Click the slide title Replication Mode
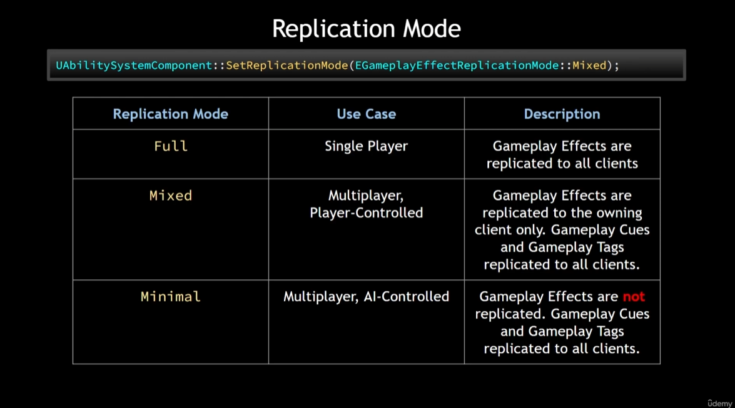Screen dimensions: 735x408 tap(367, 29)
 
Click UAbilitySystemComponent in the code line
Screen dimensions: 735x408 tap(134, 65)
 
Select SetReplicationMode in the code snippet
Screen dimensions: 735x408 tap(286, 65)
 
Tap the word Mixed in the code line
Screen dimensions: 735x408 tap(589, 65)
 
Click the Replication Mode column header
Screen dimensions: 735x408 tap(170, 114)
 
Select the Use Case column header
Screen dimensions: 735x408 tap(366, 114)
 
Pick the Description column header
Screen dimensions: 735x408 tap(562, 114)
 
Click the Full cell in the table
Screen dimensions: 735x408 tap(171, 146)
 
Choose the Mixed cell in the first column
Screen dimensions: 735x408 tap(171, 196)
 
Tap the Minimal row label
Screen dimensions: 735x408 tap(171, 296)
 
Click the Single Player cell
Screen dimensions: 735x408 tap(366, 146)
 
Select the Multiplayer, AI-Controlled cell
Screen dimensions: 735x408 tap(366, 296)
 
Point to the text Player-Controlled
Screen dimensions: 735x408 tap(366, 213)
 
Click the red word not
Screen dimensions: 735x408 tap(634, 296)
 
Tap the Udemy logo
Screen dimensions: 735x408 tap(719, 402)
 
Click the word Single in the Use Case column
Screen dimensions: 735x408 tap(343, 146)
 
